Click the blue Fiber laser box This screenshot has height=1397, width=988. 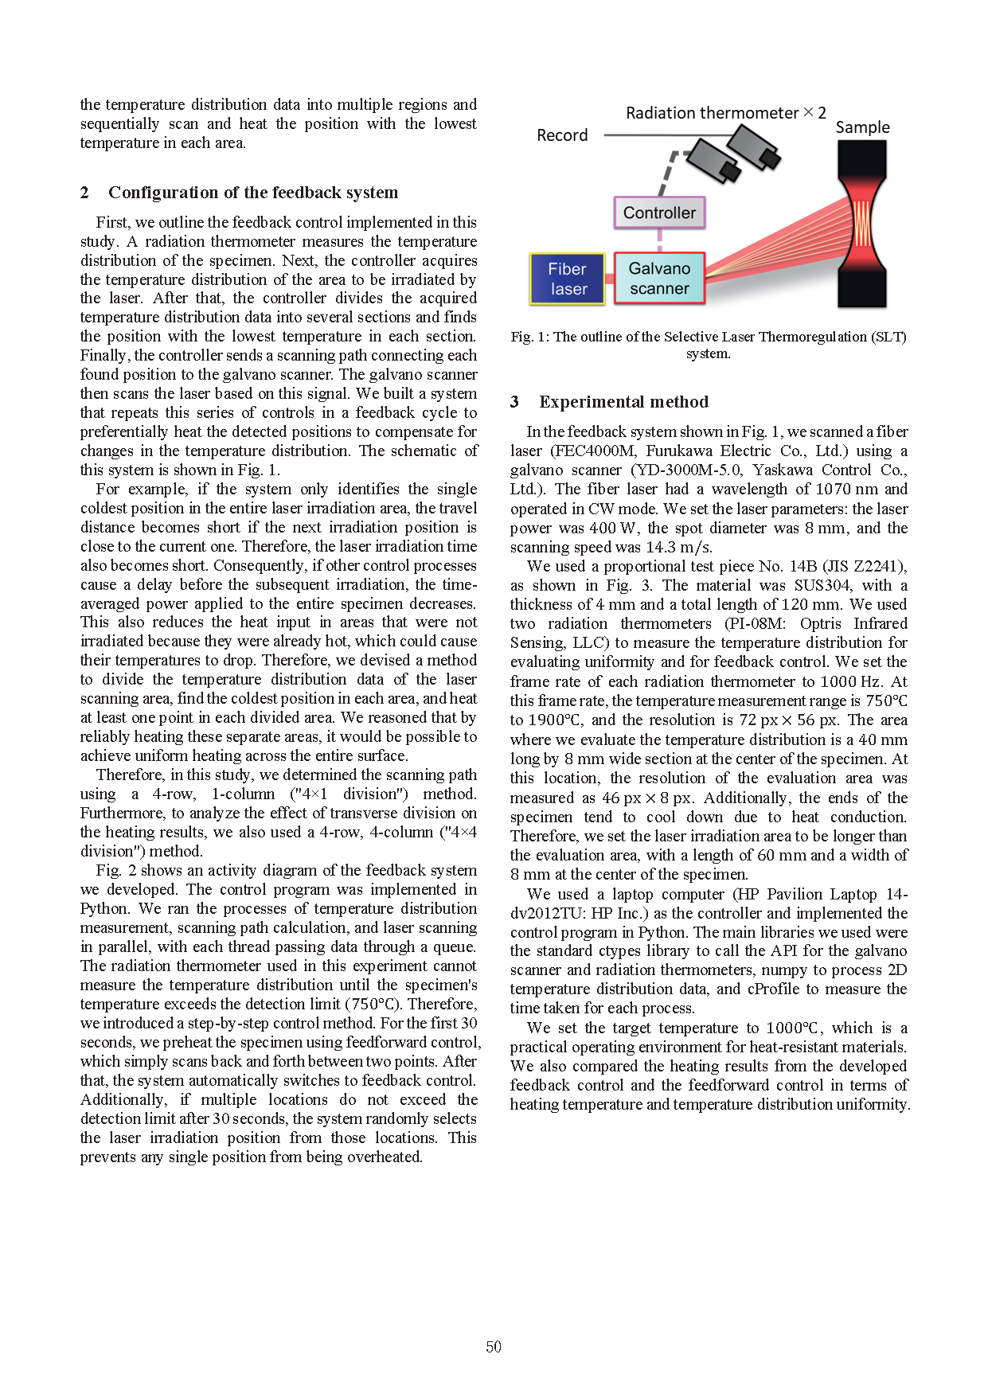[x=568, y=279]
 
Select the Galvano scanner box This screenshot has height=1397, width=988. [x=659, y=279]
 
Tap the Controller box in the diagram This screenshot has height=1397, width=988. [x=659, y=213]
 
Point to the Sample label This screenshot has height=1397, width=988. [x=862, y=127]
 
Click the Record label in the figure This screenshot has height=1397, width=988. [x=562, y=135]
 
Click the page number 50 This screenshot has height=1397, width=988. [x=494, y=1347]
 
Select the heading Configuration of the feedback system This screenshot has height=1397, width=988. [x=253, y=193]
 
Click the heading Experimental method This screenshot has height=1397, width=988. [x=623, y=402]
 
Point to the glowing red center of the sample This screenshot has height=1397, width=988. [x=862, y=224]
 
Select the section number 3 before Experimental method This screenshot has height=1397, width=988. [x=514, y=402]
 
